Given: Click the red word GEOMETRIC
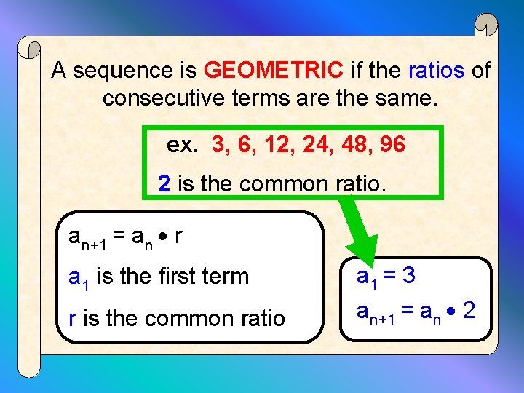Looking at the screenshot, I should click(x=274, y=71).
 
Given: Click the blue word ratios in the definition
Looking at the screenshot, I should click(x=436, y=71).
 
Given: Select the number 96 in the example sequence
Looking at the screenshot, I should click(x=392, y=145).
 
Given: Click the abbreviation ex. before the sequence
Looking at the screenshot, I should click(x=182, y=146).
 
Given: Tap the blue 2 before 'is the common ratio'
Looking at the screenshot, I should click(x=164, y=183).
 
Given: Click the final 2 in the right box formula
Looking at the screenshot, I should click(x=469, y=311).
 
